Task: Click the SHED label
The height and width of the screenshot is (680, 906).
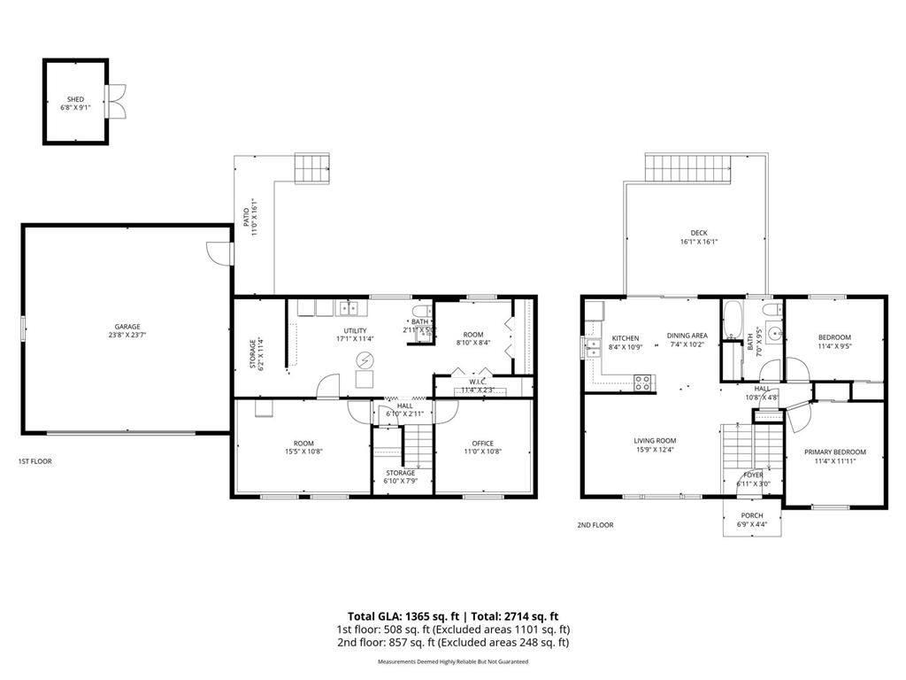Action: [75, 99]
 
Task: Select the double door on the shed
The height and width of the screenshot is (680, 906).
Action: [112, 101]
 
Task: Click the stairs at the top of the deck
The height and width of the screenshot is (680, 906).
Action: [688, 166]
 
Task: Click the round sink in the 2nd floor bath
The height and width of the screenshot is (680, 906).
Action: [772, 335]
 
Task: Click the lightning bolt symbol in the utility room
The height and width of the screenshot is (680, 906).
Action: [364, 359]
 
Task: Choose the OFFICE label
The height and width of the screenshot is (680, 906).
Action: [482, 444]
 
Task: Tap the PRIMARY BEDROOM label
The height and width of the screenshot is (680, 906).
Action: [834, 452]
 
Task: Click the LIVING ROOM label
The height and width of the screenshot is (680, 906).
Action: [655, 440]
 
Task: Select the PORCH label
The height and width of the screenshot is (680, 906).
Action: [752, 516]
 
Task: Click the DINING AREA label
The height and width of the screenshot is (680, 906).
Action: [687, 336]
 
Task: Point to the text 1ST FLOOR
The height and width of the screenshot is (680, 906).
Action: [35, 461]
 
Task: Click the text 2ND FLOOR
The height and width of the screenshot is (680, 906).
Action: [595, 525]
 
